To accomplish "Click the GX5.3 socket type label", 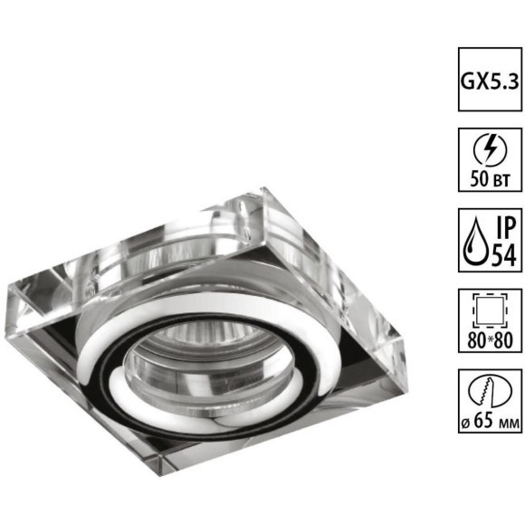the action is point(490,81).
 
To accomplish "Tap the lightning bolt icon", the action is point(490,150).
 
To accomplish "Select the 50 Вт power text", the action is point(490,179).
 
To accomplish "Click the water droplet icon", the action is point(475,241).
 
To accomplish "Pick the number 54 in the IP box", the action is point(503,254).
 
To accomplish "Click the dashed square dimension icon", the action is point(490,310).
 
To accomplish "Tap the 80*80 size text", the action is point(491,340).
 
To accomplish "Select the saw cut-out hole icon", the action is point(491,391).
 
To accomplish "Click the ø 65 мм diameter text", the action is point(491,421).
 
